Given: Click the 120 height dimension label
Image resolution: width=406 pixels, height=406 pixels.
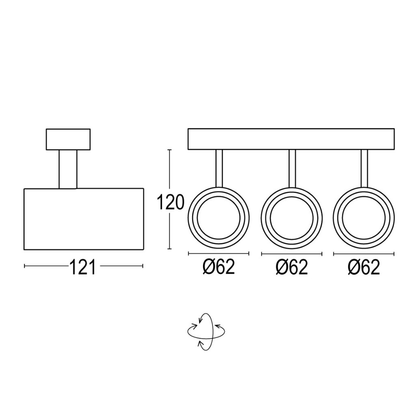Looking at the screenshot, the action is (x=171, y=202).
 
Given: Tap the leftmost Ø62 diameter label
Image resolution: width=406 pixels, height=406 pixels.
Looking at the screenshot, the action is (x=219, y=267).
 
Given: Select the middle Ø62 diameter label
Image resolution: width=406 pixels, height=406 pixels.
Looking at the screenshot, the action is (x=292, y=267).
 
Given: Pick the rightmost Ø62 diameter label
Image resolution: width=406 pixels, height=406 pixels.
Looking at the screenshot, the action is (x=364, y=267).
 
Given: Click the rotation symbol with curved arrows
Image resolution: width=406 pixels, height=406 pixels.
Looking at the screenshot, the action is (x=206, y=332).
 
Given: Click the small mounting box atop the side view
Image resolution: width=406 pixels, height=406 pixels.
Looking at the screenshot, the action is (x=68, y=139).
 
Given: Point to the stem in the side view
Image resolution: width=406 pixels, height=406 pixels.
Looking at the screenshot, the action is (x=68, y=169).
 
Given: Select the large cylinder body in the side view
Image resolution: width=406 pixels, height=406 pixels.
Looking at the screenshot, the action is (x=84, y=219).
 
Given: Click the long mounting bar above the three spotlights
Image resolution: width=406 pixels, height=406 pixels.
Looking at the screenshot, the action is (x=291, y=139).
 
